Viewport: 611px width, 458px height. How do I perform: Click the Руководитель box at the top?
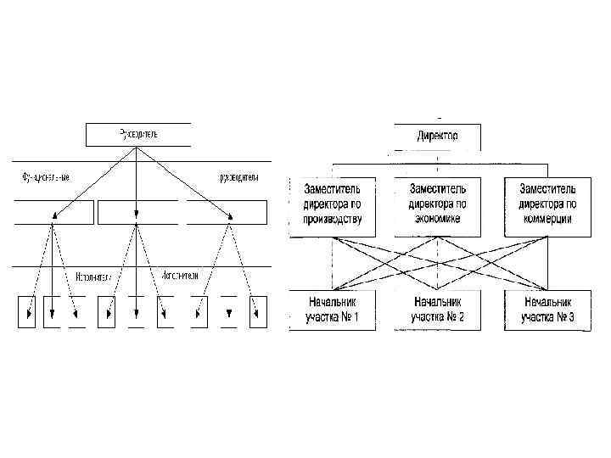138,134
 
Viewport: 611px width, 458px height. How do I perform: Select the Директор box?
437,136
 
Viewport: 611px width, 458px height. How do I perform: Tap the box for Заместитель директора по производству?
332,205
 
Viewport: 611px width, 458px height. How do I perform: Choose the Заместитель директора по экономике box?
437,205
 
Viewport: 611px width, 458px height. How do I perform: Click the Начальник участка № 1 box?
332,310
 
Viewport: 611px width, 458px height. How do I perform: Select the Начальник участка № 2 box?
437,310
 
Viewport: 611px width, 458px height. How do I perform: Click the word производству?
333,219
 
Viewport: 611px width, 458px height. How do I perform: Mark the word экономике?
437,219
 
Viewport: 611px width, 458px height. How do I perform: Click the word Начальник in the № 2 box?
437,302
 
